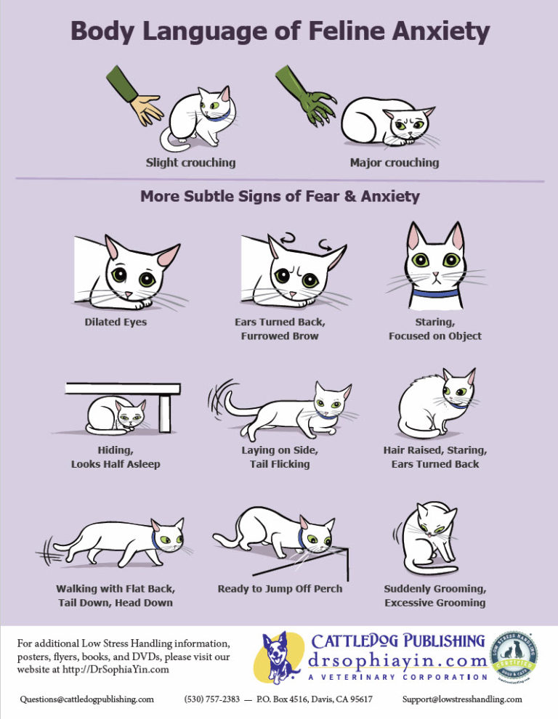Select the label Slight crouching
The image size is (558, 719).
(190, 162)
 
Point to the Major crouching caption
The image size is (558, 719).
(395, 162)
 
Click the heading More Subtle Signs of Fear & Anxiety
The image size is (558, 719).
(280, 196)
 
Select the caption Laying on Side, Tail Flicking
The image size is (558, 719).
(280, 457)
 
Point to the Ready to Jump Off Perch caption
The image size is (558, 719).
(280, 588)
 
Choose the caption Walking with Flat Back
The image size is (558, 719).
(116, 588)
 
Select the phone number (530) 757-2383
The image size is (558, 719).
(211, 699)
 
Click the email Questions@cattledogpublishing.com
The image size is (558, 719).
(87, 699)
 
